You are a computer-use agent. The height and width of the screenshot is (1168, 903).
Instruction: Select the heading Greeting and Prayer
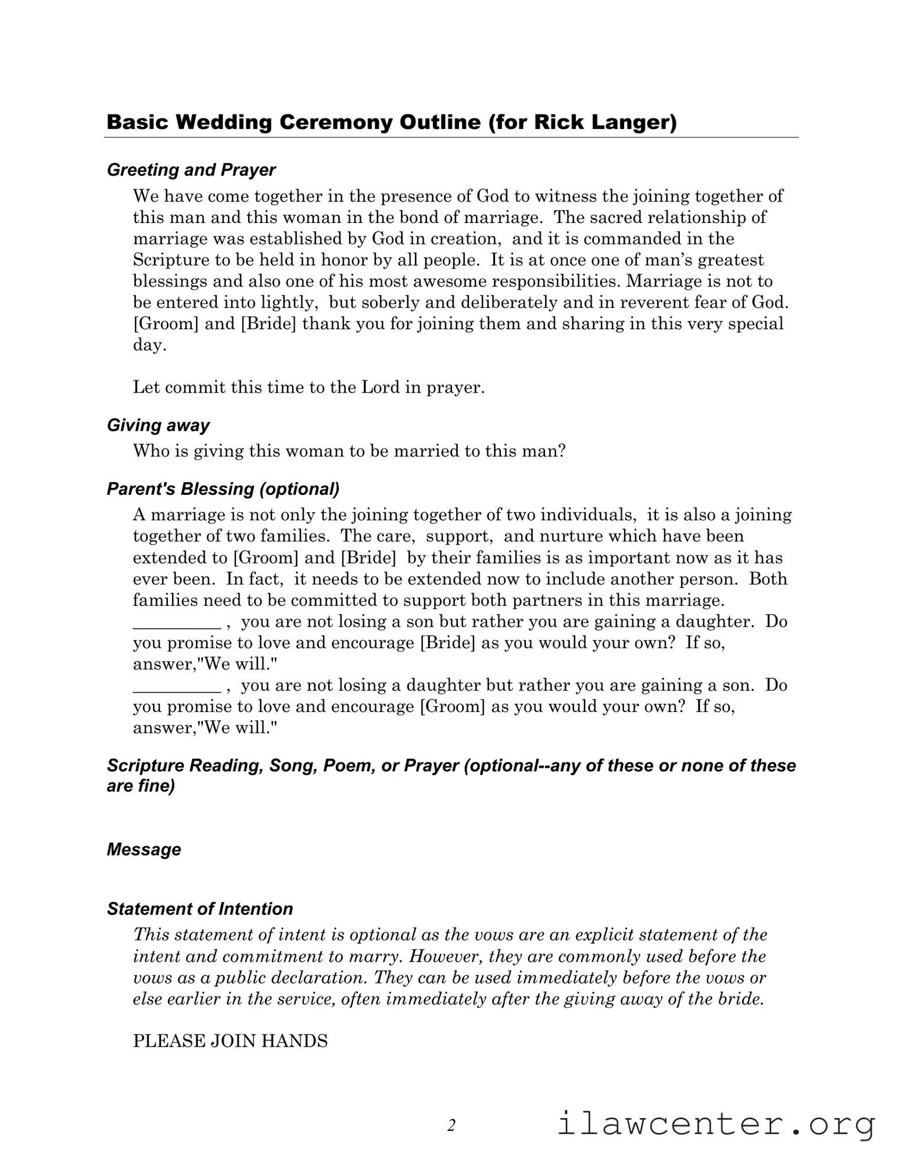pyautogui.click(x=191, y=170)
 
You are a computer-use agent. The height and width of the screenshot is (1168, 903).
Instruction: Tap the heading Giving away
pyautogui.click(x=158, y=426)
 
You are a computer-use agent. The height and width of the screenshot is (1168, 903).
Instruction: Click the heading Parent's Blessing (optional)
pyautogui.click(x=223, y=489)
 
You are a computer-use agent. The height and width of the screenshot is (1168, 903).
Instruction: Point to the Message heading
pyautogui.click(x=144, y=850)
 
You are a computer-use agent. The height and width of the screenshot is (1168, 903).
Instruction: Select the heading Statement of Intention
pyautogui.click(x=200, y=909)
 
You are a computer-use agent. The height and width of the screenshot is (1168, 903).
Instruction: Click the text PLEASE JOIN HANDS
pyautogui.click(x=230, y=1041)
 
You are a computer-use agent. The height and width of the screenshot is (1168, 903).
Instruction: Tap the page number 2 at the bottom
pyautogui.click(x=451, y=1126)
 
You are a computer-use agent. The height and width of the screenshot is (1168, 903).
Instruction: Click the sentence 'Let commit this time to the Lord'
pyautogui.click(x=309, y=387)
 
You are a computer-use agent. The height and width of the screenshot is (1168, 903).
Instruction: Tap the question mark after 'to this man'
pyautogui.click(x=561, y=451)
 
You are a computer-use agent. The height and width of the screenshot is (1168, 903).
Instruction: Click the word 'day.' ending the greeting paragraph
pyautogui.click(x=149, y=346)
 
